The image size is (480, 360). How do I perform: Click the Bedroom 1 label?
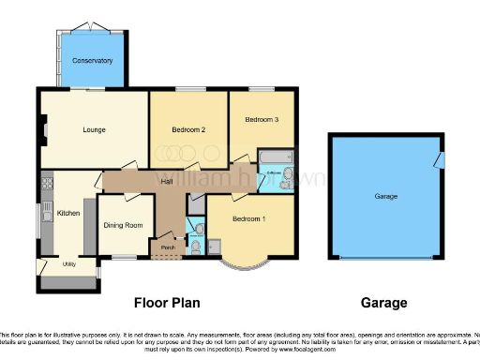pyautogui.click(x=248, y=218)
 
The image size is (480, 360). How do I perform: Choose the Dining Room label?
pyautogui.click(x=123, y=225)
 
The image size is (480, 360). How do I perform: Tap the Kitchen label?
pyautogui.click(x=68, y=214)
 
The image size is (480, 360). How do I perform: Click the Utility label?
pyautogui.click(x=68, y=265)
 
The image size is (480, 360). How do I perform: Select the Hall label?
pyautogui.click(x=168, y=181)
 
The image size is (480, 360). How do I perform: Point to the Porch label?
pyautogui.click(x=168, y=247)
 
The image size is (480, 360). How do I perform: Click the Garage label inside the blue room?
pyautogui.click(x=386, y=197)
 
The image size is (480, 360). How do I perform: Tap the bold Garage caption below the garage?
pyautogui.click(x=384, y=303)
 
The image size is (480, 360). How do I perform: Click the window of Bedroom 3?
pyautogui.click(x=262, y=90)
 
